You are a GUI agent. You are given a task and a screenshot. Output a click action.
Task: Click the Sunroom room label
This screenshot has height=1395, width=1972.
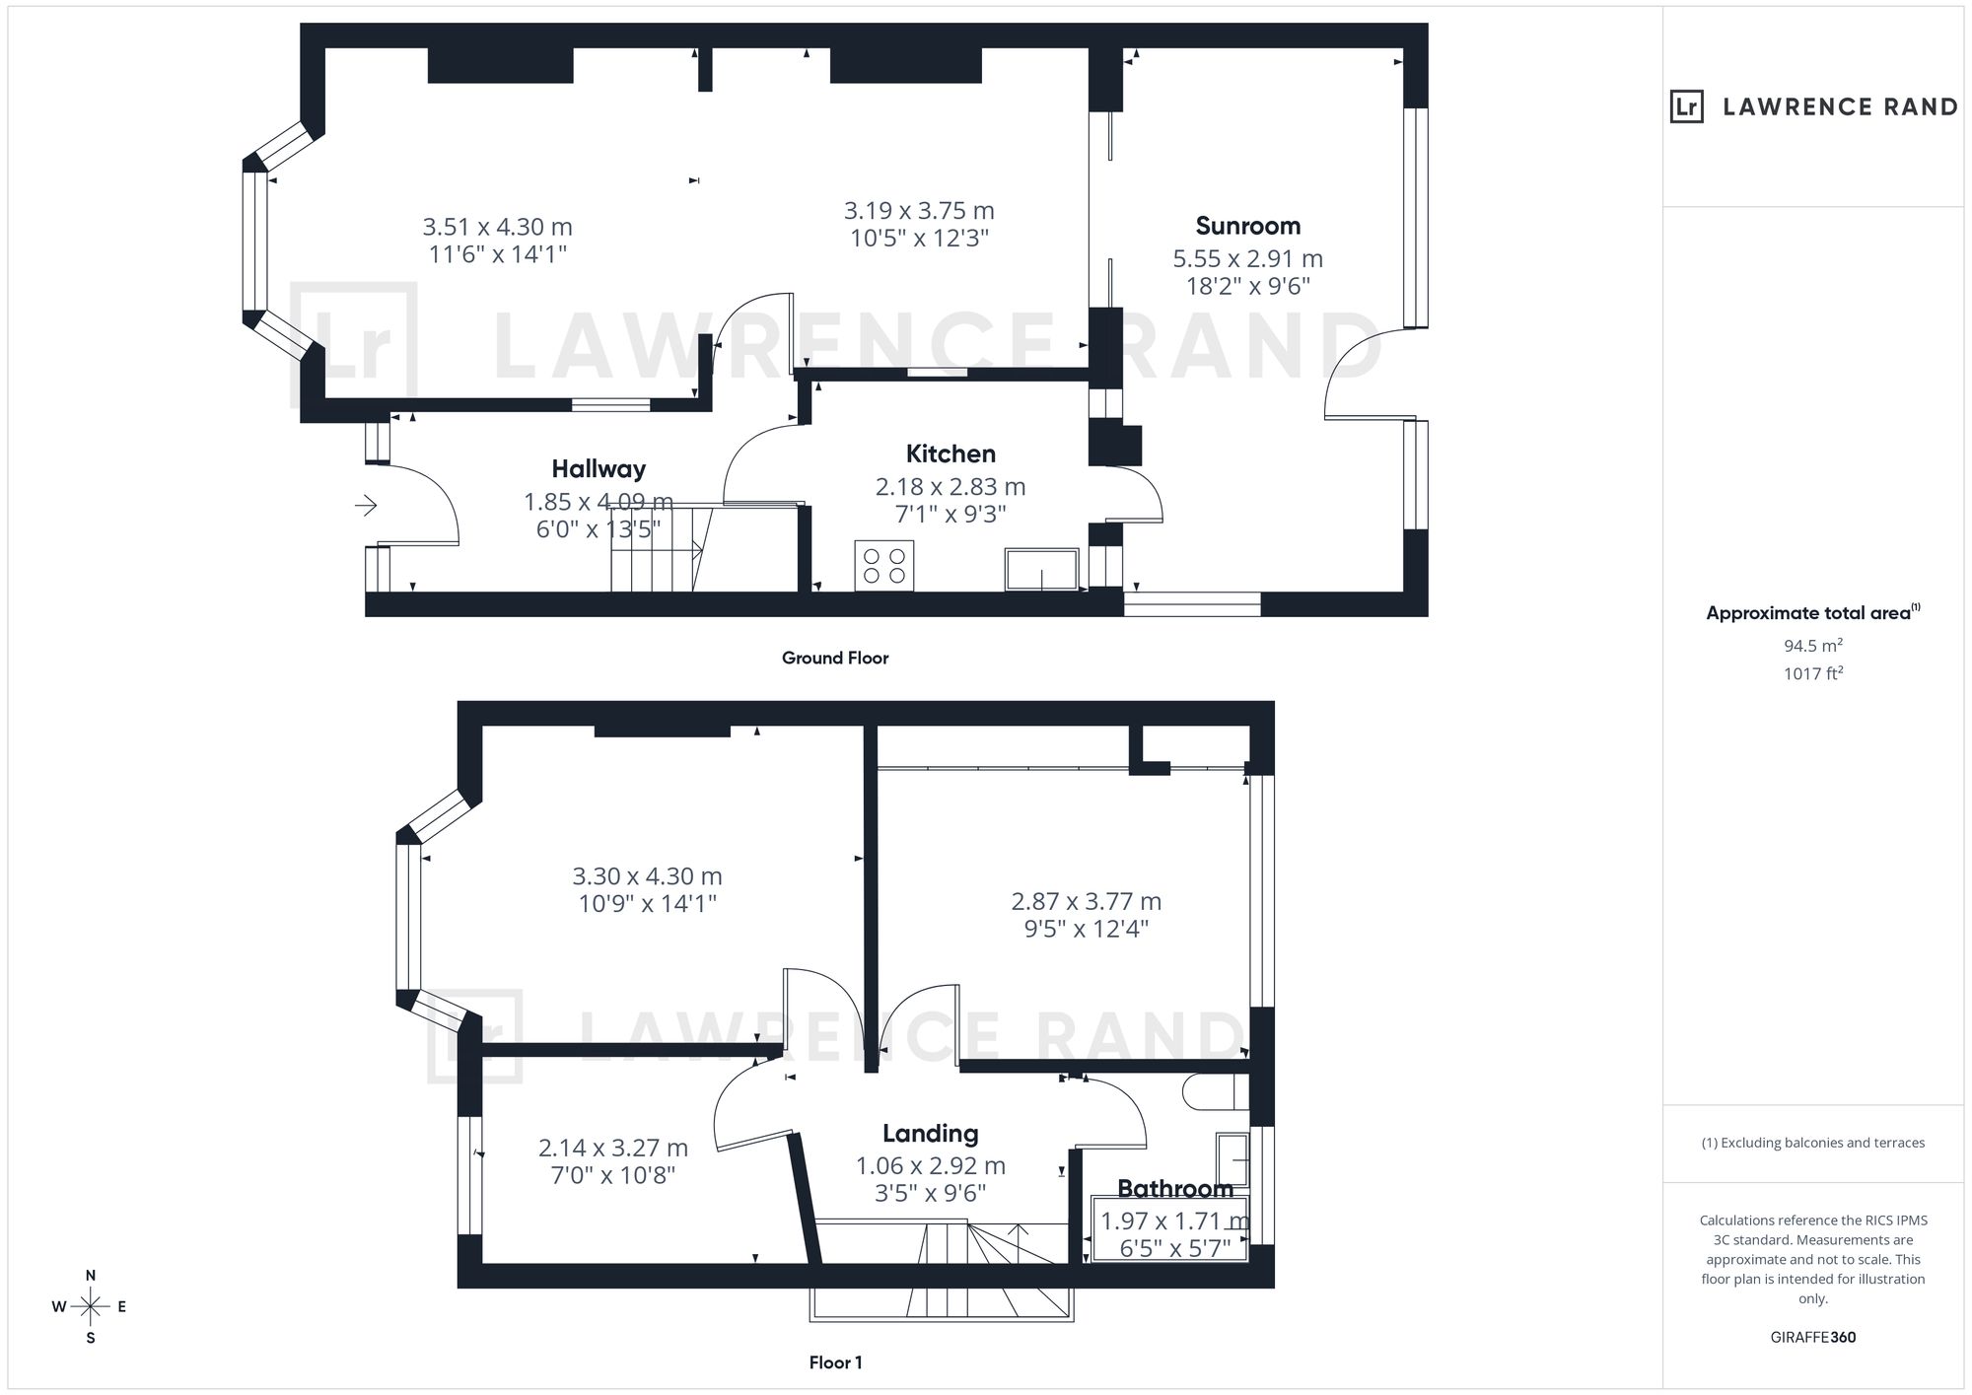(1247, 226)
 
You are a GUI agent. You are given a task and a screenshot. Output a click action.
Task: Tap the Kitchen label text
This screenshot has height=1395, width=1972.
(951, 454)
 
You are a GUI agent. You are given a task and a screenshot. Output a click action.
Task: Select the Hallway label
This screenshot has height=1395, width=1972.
(599, 469)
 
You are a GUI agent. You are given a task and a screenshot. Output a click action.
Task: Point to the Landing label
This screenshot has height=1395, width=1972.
(930, 1134)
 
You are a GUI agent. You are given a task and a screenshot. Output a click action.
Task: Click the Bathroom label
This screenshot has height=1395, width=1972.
(1175, 1189)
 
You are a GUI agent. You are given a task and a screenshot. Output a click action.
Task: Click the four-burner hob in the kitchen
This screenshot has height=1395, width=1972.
(884, 566)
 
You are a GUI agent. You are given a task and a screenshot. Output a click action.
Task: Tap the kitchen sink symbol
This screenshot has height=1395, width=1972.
(1041, 570)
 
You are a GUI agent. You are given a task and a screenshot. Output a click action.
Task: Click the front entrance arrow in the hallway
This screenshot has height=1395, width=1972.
(366, 506)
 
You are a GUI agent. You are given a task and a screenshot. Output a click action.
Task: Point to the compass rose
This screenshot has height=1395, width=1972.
(90, 1307)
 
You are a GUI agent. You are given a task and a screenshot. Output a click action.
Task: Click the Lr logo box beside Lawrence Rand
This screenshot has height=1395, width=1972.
(1686, 106)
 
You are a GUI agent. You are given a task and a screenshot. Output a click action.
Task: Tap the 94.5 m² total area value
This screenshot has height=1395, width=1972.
(1813, 646)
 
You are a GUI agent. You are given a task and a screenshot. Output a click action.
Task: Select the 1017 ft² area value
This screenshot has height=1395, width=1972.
(1813, 674)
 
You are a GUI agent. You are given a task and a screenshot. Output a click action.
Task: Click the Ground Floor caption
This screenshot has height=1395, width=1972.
(835, 658)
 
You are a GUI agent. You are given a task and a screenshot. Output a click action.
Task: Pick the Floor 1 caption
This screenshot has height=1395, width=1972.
(835, 1362)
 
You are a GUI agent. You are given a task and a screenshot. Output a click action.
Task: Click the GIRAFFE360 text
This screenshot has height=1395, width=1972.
(1813, 1338)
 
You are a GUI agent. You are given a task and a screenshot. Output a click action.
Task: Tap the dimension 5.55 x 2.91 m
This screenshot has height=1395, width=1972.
(1247, 259)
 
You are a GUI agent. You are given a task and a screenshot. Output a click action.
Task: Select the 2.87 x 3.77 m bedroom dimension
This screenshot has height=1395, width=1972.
(1087, 901)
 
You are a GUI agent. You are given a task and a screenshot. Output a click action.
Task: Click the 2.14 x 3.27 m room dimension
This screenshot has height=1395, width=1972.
(612, 1148)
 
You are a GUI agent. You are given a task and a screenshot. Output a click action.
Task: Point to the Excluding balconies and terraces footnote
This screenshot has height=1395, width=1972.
(1813, 1143)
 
